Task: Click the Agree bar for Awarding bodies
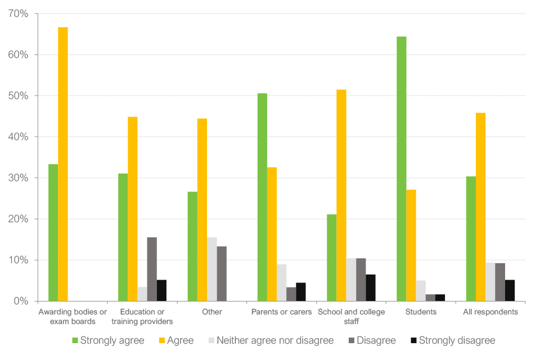coord(63,164)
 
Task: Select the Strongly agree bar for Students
coord(401,169)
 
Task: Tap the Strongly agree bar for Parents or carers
coord(262,197)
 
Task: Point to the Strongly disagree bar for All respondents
coord(510,290)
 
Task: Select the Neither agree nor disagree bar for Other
coord(212,269)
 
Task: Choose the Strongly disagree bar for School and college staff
coord(371,287)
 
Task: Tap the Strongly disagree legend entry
coord(452,340)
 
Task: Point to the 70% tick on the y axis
coord(17,13)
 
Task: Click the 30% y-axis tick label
coord(17,178)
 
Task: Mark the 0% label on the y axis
coord(20,301)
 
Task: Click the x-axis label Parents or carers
coord(277,312)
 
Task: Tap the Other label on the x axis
coord(211,312)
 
